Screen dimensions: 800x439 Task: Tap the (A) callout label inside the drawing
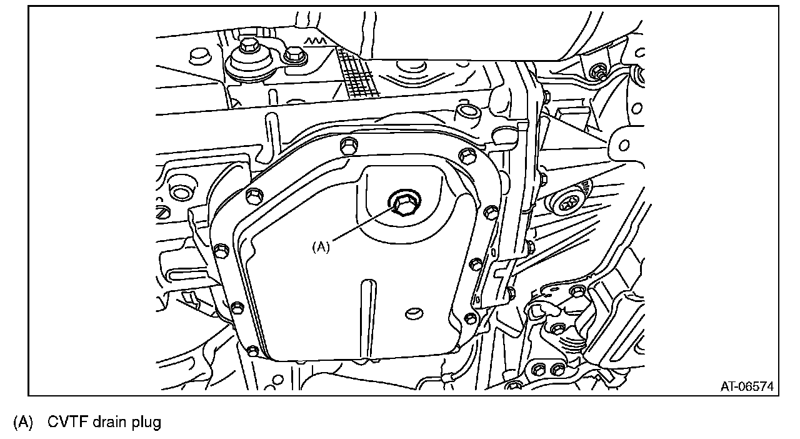[x=321, y=247]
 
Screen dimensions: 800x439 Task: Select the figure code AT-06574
[x=747, y=386]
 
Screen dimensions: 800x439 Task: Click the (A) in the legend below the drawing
[x=23, y=422]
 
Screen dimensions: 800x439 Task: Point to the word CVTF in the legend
[x=67, y=422]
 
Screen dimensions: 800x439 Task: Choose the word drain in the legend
[x=110, y=422]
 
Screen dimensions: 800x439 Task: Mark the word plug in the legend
[x=146, y=423]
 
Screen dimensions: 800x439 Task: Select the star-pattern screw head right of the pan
[x=566, y=204]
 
